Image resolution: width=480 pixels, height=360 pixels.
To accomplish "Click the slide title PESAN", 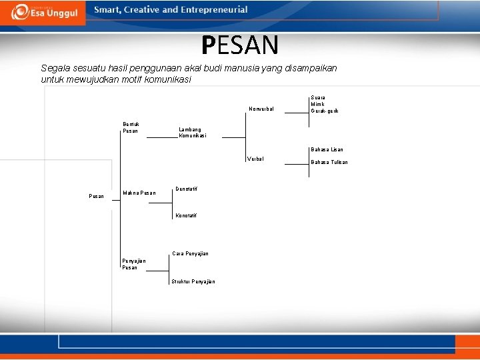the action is (x=240, y=45).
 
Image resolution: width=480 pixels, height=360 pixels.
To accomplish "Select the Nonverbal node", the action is (x=261, y=109).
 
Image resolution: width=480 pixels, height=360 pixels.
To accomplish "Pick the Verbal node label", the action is (x=255, y=159).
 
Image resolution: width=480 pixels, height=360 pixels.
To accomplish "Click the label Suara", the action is (x=318, y=97).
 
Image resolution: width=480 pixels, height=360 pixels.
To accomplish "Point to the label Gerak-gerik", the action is (x=325, y=111).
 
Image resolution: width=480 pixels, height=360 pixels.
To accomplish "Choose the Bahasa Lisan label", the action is (x=327, y=149).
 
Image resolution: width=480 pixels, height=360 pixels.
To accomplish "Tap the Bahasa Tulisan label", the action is (x=329, y=162).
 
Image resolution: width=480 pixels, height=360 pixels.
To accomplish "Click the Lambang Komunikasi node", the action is (x=193, y=133).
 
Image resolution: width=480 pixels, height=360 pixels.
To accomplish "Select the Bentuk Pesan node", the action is (x=131, y=127).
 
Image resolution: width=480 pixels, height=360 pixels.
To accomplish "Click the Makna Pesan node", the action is (x=139, y=193).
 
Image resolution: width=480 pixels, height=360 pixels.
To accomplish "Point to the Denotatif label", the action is (x=186, y=189).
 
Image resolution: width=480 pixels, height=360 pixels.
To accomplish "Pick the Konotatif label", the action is (x=186, y=215).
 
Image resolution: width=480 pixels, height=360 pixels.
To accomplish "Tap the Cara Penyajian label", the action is (x=190, y=253).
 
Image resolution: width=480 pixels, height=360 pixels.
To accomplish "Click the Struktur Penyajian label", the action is (x=193, y=281).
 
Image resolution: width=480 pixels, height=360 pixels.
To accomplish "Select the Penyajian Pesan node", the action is (x=133, y=264).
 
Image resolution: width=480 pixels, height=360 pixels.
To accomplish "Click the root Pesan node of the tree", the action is (x=96, y=196).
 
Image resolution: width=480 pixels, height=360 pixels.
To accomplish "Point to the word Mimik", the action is (x=317, y=104).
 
